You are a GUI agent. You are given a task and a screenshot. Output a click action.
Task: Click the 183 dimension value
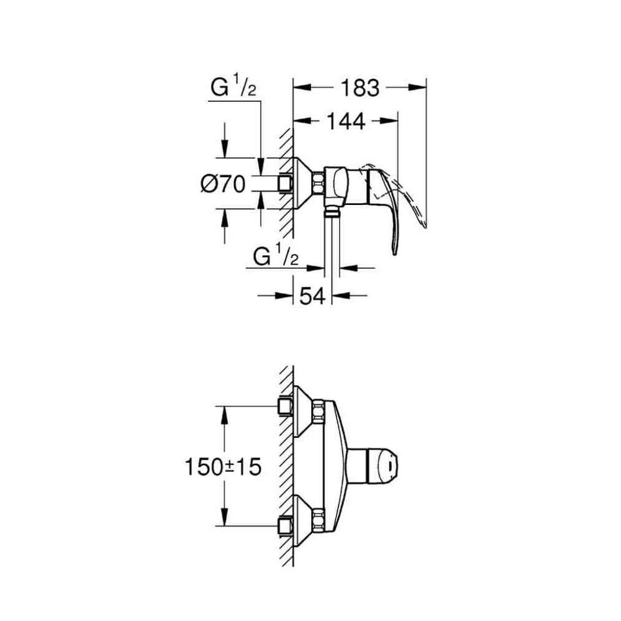pyautogui.click(x=360, y=88)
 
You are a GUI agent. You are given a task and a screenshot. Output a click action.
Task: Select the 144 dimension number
pyautogui.click(x=346, y=122)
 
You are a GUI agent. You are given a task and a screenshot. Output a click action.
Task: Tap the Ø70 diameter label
pyautogui.click(x=223, y=184)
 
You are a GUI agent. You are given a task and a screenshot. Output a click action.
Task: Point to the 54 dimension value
pyautogui.click(x=312, y=296)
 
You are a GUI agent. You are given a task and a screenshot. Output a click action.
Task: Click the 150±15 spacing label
pyautogui.click(x=223, y=467)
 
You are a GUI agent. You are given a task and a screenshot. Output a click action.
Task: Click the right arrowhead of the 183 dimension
pyautogui.click(x=417, y=88)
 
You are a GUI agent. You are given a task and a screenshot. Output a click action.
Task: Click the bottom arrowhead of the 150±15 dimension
pyautogui.click(x=225, y=517)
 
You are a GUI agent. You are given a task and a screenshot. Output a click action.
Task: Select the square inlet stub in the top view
pyautogui.click(x=286, y=184)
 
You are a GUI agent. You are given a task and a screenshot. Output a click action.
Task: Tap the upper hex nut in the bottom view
pyautogui.click(x=319, y=412)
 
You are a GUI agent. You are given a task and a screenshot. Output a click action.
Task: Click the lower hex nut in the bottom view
pyautogui.click(x=319, y=521)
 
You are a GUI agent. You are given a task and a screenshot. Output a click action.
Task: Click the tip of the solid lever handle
pyautogui.click(x=394, y=254)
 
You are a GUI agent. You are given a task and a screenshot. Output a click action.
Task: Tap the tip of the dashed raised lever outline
pyautogui.click(x=425, y=227)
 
